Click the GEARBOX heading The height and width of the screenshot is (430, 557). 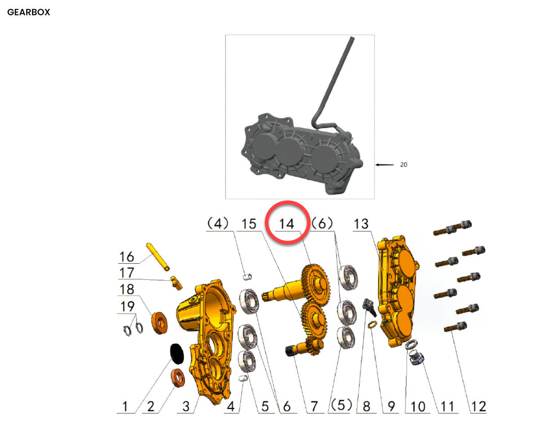click(x=29, y=13)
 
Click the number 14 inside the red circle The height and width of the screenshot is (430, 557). click(x=287, y=224)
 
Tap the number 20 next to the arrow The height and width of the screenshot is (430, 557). click(x=403, y=165)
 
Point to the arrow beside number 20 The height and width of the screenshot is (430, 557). click(x=384, y=165)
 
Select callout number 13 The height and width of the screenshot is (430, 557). click(x=361, y=224)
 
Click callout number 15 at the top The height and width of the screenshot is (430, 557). click(x=249, y=224)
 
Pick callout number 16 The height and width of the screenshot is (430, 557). click(x=127, y=257)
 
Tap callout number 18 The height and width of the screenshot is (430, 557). click(x=127, y=289)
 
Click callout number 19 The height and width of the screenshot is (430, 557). click(x=127, y=306)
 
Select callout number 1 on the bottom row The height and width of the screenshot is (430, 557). click(x=125, y=406)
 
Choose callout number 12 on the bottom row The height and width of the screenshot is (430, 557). click(x=478, y=406)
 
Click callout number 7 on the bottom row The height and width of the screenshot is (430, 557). click(x=314, y=406)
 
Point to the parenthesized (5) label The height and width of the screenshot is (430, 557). click(x=341, y=405)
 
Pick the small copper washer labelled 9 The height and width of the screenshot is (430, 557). click(x=372, y=325)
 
